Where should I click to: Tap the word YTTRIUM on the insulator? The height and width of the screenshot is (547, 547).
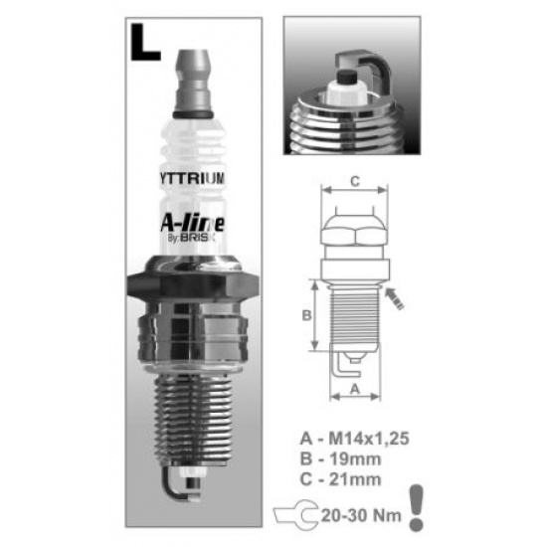coord(192,178)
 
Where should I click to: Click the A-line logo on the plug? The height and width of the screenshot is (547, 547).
coord(193,223)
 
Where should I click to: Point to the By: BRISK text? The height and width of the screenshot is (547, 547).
coord(192,239)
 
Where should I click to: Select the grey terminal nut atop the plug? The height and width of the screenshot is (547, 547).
coord(193,83)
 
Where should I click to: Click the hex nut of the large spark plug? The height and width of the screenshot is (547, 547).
coord(193,284)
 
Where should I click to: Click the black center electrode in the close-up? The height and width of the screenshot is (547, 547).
coord(346,77)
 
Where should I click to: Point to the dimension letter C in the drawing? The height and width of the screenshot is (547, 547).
coord(355,181)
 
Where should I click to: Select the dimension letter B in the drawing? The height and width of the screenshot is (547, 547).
coord(306,315)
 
